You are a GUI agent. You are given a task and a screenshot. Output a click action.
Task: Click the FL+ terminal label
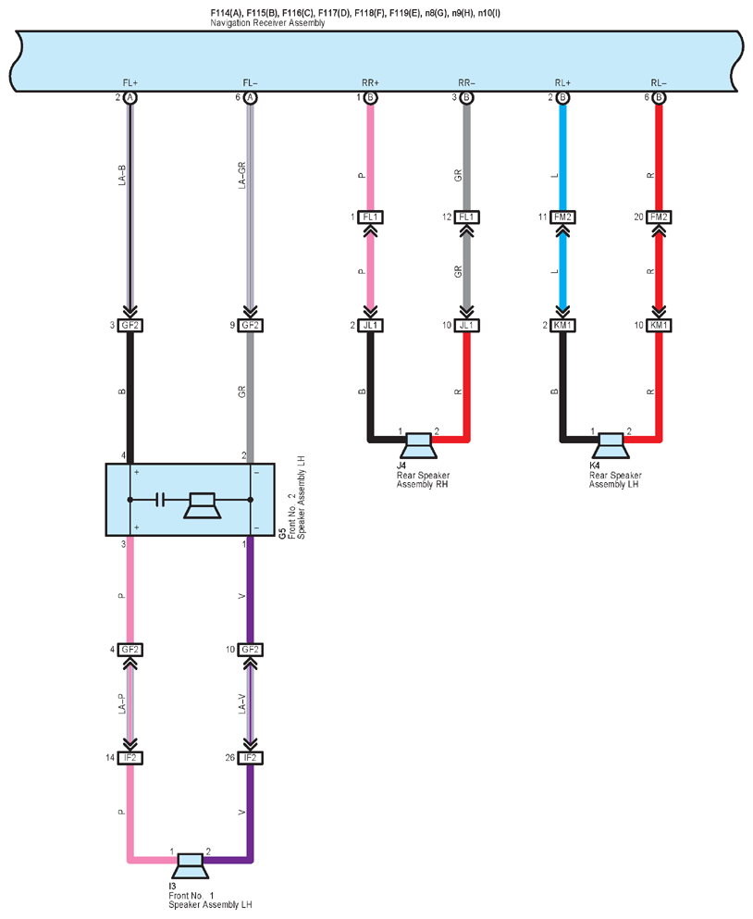(x=130, y=83)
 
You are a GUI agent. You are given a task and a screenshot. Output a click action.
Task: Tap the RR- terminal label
(x=466, y=83)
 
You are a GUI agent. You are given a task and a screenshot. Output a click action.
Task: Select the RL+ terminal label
(x=562, y=83)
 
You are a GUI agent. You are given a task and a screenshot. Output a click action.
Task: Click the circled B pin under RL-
(x=659, y=97)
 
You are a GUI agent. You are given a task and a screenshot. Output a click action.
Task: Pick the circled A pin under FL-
(x=250, y=97)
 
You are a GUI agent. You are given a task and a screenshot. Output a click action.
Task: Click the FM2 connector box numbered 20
(x=659, y=217)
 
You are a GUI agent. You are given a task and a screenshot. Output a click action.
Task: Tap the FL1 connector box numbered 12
(x=466, y=217)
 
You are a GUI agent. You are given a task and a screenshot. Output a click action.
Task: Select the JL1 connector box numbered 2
(x=370, y=325)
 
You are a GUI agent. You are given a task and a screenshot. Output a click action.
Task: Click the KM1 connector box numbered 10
(x=659, y=325)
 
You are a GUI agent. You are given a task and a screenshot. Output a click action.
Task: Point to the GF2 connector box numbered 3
(x=130, y=325)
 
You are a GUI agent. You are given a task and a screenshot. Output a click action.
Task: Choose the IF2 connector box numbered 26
(x=250, y=758)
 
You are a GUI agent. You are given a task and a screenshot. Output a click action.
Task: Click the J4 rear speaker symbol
(x=418, y=445)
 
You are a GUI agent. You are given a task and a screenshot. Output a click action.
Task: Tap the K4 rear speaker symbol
(x=611, y=445)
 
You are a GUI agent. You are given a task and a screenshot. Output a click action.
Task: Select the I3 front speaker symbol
(x=190, y=866)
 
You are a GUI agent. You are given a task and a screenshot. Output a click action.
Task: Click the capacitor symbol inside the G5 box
(x=160, y=500)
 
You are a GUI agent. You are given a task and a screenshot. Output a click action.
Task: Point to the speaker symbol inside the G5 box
(x=203, y=506)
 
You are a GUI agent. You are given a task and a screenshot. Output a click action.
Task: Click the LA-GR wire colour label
(x=242, y=175)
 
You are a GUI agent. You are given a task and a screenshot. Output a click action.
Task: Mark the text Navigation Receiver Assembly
(x=267, y=23)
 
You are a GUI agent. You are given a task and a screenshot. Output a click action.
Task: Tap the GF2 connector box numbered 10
(x=250, y=650)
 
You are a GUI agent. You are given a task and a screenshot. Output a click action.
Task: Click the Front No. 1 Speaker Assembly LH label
(x=210, y=900)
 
